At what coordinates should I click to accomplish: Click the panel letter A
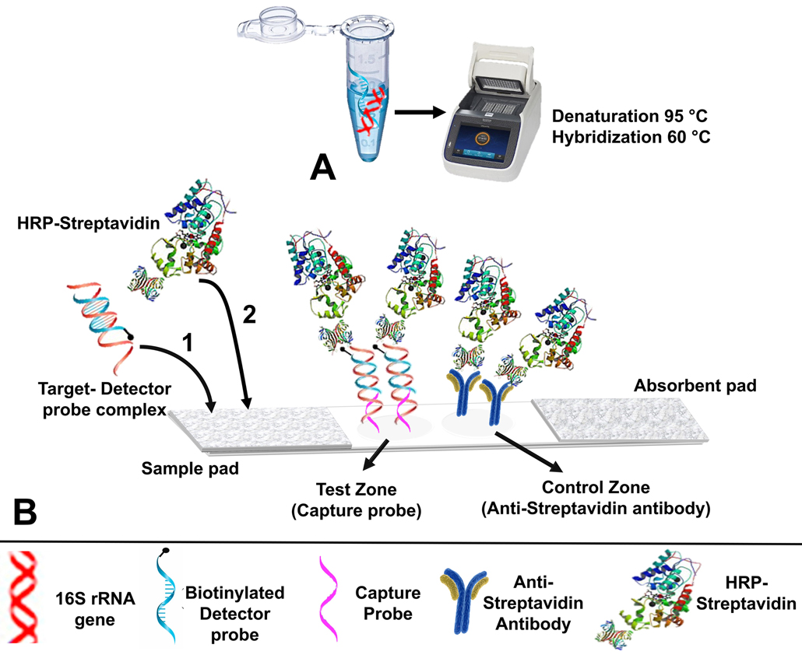point(322,166)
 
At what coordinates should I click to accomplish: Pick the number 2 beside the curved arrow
point(248,315)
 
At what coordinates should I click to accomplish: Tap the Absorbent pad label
point(695,385)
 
